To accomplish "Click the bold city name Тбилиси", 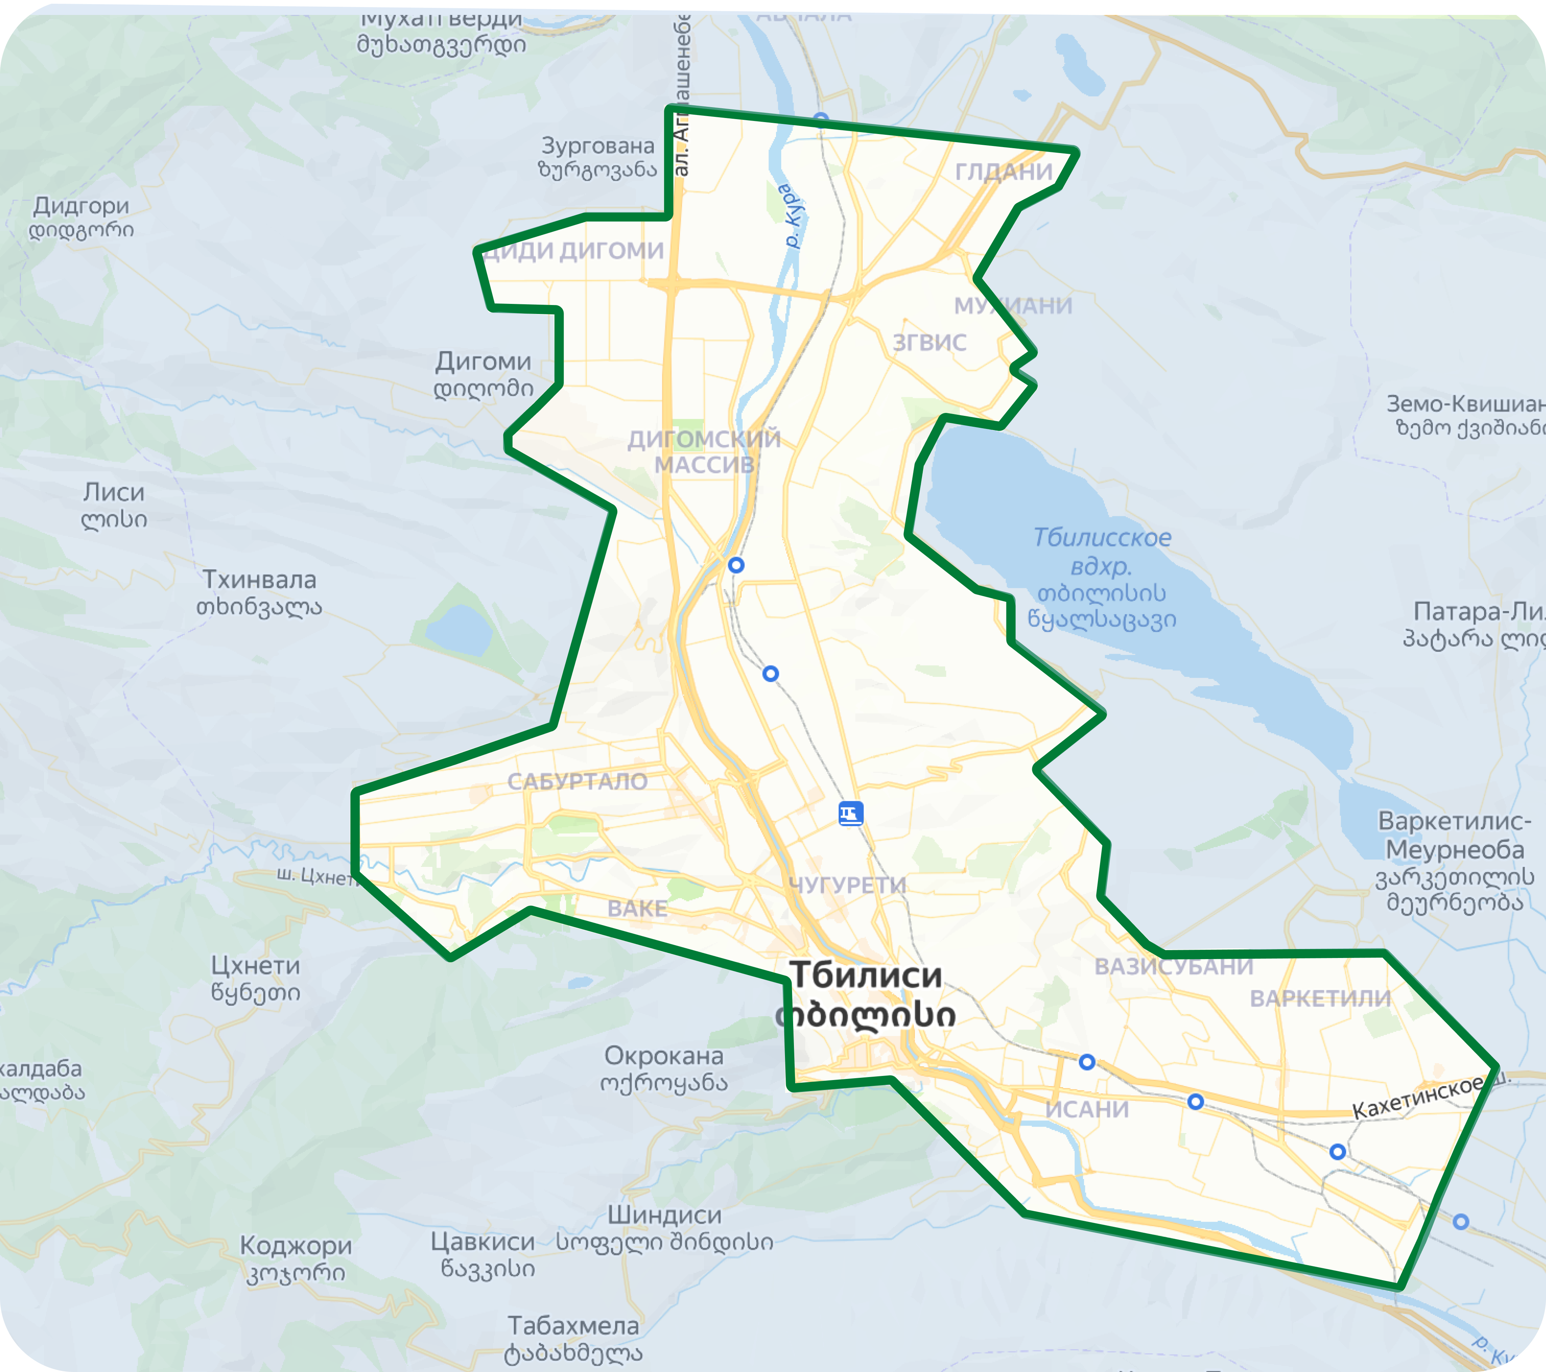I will coord(865,976).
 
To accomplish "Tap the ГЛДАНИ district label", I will coord(1004,172).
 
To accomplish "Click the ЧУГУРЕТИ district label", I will coord(847,885).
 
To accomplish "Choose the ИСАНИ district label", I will coord(1087,1110).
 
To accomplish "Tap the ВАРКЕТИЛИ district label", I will coord(1320,998).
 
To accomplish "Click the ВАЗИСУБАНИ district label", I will coord(1173,967).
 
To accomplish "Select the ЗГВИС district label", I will coord(929,343).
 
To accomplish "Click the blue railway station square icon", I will coord(851,814).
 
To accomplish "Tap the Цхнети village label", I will coord(256,966).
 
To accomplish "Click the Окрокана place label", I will coord(663,1056).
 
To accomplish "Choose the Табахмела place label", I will coord(573,1326).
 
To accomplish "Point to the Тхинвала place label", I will coord(260,580).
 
